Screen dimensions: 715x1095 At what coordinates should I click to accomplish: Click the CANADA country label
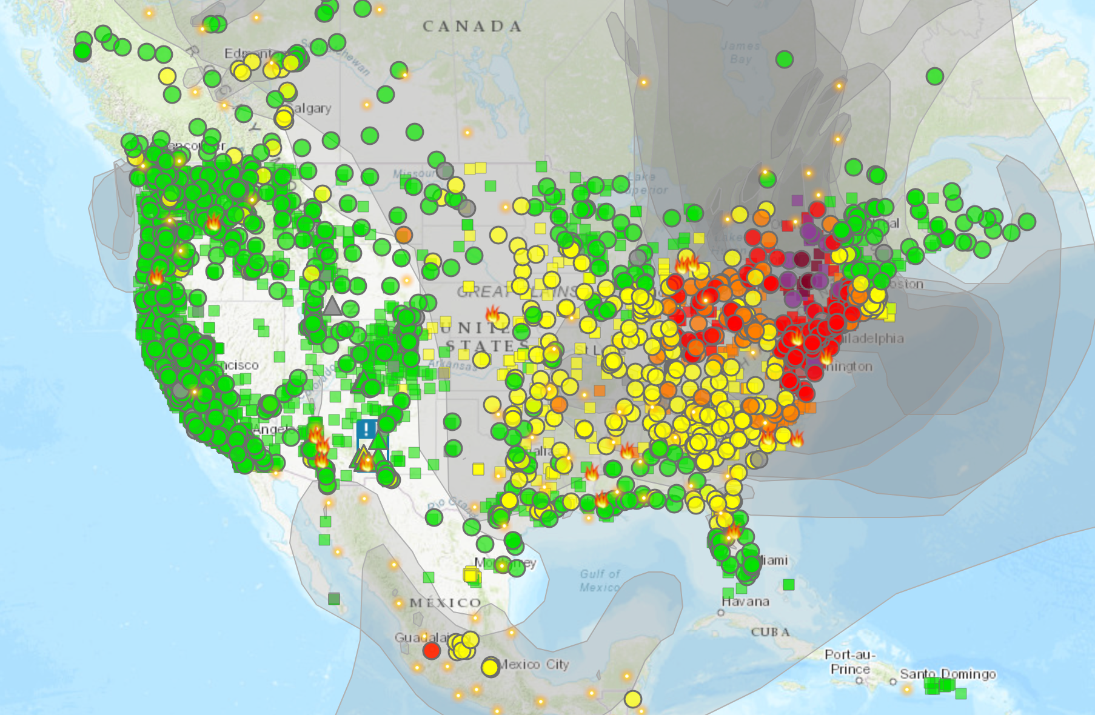tap(472, 27)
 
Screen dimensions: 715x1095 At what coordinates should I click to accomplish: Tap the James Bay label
tap(740, 52)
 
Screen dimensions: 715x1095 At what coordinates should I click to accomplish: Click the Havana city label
tap(745, 602)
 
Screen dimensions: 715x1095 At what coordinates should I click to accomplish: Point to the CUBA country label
tap(770, 632)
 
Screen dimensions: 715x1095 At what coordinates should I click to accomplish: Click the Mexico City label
tap(534, 664)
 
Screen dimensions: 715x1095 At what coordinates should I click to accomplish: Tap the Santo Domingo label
tap(947, 674)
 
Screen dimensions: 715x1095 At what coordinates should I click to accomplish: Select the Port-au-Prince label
tap(849, 662)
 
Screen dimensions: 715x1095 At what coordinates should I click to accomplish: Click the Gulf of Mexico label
tap(600, 580)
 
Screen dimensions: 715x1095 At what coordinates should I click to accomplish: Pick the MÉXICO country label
tap(445, 603)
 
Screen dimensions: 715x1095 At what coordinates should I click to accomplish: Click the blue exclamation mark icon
tap(366, 429)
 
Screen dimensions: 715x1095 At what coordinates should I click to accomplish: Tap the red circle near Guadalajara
tap(431, 651)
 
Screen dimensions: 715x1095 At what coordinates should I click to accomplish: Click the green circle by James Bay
tap(785, 59)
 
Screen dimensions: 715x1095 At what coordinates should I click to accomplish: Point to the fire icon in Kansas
tap(493, 314)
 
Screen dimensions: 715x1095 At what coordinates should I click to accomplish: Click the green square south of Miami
tap(788, 584)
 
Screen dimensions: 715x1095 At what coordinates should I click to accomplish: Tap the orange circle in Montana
tap(404, 234)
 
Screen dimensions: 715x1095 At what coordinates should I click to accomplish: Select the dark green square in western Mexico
tap(334, 599)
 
